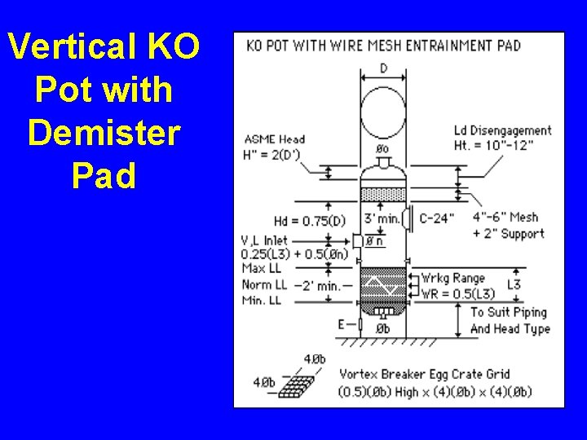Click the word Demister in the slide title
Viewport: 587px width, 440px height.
[x=103, y=132]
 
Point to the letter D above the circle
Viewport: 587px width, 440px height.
[x=383, y=68]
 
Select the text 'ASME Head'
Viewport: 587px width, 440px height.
[x=274, y=139]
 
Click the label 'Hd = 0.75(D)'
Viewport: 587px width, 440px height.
[x=310, y=221]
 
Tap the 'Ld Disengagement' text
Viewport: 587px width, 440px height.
[x=502, y=130]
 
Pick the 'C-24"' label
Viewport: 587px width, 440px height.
[x=438, y=218]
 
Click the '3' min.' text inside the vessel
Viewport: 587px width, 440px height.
[x=382, y=218]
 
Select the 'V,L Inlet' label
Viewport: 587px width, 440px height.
[x=264, y=240]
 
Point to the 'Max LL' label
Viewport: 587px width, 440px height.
[x=262, y=268]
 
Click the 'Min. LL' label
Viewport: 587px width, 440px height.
[x=262, y=300]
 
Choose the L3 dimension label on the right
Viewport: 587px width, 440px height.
[x=513, y=284]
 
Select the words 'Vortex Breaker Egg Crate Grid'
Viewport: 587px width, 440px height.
[x=424, y=375]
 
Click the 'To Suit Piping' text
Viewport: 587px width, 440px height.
[x=508, y=312]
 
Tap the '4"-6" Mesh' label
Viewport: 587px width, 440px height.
[x=505, y=218]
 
